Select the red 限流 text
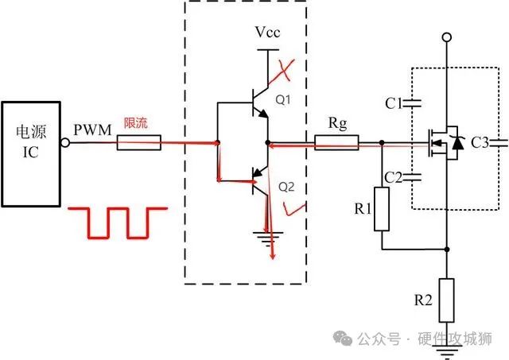click(135, 125)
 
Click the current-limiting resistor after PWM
click(139, 144)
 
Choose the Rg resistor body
click(336, 144)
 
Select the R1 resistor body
click(383, 209)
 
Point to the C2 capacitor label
click(392, 176)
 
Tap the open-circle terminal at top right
click(447, 37)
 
